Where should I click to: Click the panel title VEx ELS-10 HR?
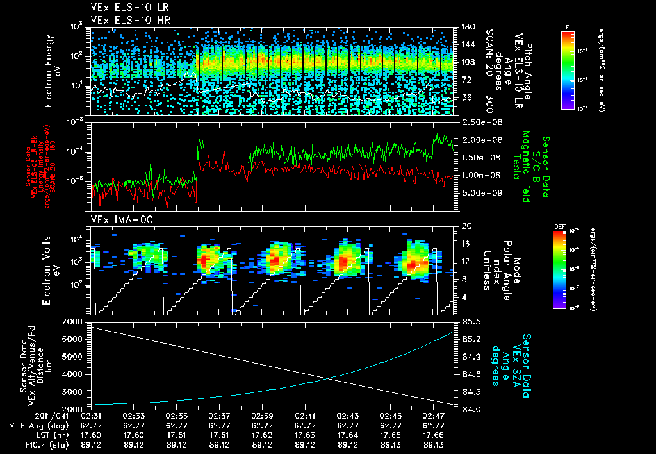click(123, 21)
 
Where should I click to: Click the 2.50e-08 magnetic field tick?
click(477, 122)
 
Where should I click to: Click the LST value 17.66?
click(434, 435)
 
